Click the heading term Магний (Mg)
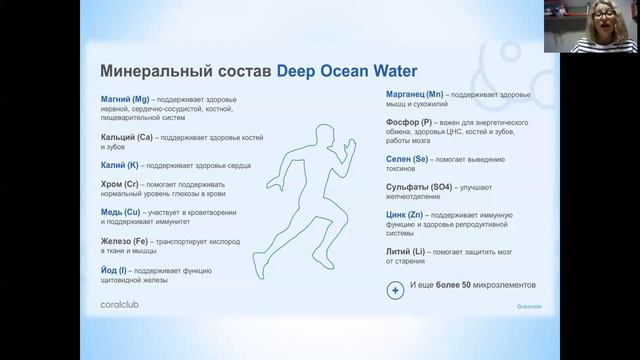click(125, 102)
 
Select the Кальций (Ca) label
click(127, 136)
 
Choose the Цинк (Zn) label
click(404, 215)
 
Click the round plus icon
click(394, 290)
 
